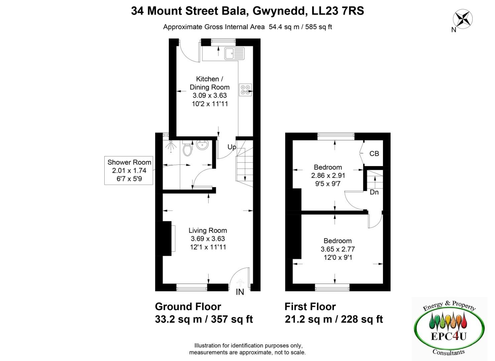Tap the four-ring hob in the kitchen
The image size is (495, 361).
pyautogui.click(x=245, y=90)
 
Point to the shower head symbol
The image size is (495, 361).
pyautogui.click(x=171, y=146)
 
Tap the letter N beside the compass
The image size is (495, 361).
pyautogui.click(x=454, y=30)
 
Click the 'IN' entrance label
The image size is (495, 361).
pyautogui.click(x=240, y=292)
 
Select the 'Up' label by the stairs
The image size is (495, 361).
pyautogui.click(x=232, y=147)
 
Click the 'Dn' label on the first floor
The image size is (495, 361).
pyautogui.click(x=374, y=192)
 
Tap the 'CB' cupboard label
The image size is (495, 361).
pyautogui.click(x=374, y=153)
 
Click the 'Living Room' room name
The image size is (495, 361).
pyautogui.click(x=208, y=230)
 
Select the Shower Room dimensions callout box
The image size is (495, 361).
pyautogui.click(x=129, y=170)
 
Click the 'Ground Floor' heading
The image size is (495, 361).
pyautogui.click(x=188, y=307)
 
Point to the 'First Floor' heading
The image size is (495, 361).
pyautogui.click(x=310, y=307)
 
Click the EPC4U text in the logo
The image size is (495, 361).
pyautogui.click(x=449, y=336)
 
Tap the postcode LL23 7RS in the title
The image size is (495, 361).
pyautogui.click(x=338, y=11)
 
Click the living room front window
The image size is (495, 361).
pyautogui.click(x=192, y=287)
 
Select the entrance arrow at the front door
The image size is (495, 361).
pyautogui.click(x=240, y=283)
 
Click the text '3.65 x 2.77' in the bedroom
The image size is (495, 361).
pyautogui.click(x=338, y=249)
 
